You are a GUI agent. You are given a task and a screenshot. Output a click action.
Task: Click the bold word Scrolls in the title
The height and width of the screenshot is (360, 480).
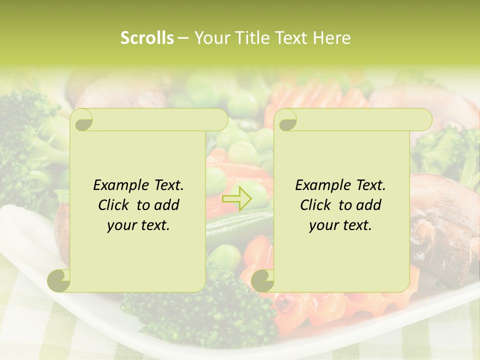coord(147,38)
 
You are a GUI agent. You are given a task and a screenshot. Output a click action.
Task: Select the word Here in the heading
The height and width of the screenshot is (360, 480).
coord(332,38)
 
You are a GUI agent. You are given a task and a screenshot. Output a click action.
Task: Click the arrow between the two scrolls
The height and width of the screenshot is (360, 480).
coord(237,198)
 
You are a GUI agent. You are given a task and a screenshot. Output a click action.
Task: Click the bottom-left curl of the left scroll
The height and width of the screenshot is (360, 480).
coord(59,280)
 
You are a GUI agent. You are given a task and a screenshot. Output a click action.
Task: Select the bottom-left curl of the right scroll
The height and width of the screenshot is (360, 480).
coord(262,280)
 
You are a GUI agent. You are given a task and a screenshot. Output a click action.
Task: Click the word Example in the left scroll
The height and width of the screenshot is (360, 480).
coord(120,185)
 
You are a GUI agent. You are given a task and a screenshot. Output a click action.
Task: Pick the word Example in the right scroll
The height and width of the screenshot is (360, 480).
coord(322,185)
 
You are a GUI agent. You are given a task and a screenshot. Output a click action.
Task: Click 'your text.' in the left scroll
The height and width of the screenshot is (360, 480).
coord(138,225)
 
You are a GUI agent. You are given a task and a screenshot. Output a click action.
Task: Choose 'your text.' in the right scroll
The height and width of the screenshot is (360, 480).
coord(340,225)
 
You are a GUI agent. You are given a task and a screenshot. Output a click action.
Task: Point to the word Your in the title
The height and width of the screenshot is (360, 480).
coord(212,38)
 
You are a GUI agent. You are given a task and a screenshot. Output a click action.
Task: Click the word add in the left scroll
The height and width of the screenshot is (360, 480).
coord(167,205)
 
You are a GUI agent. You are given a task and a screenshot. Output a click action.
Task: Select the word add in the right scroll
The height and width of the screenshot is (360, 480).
coord(369,205)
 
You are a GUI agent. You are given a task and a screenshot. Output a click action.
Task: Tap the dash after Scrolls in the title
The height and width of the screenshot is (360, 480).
coord(183,38)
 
